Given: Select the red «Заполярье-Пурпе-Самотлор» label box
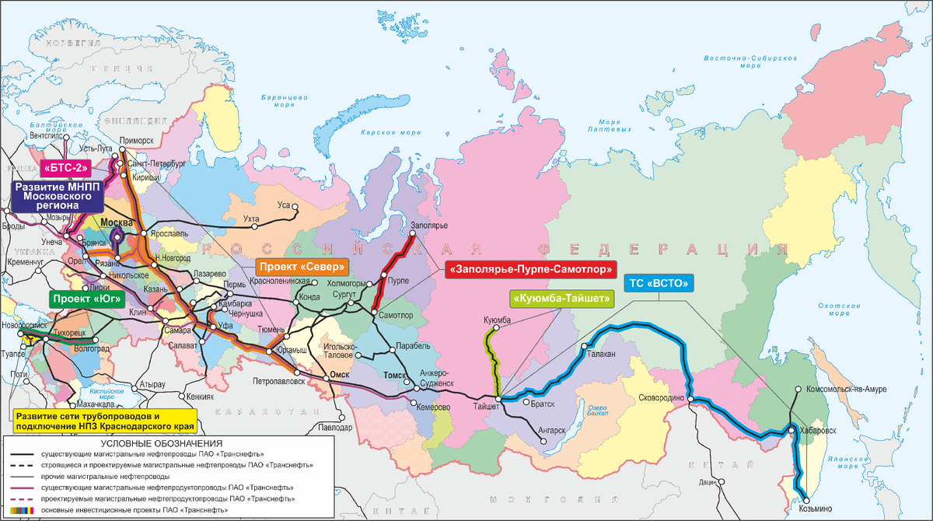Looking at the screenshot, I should point(529,270).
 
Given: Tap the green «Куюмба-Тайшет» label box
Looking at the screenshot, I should point(562,298).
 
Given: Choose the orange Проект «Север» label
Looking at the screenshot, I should point(301,265).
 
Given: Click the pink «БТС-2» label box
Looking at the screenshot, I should point(68,167).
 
